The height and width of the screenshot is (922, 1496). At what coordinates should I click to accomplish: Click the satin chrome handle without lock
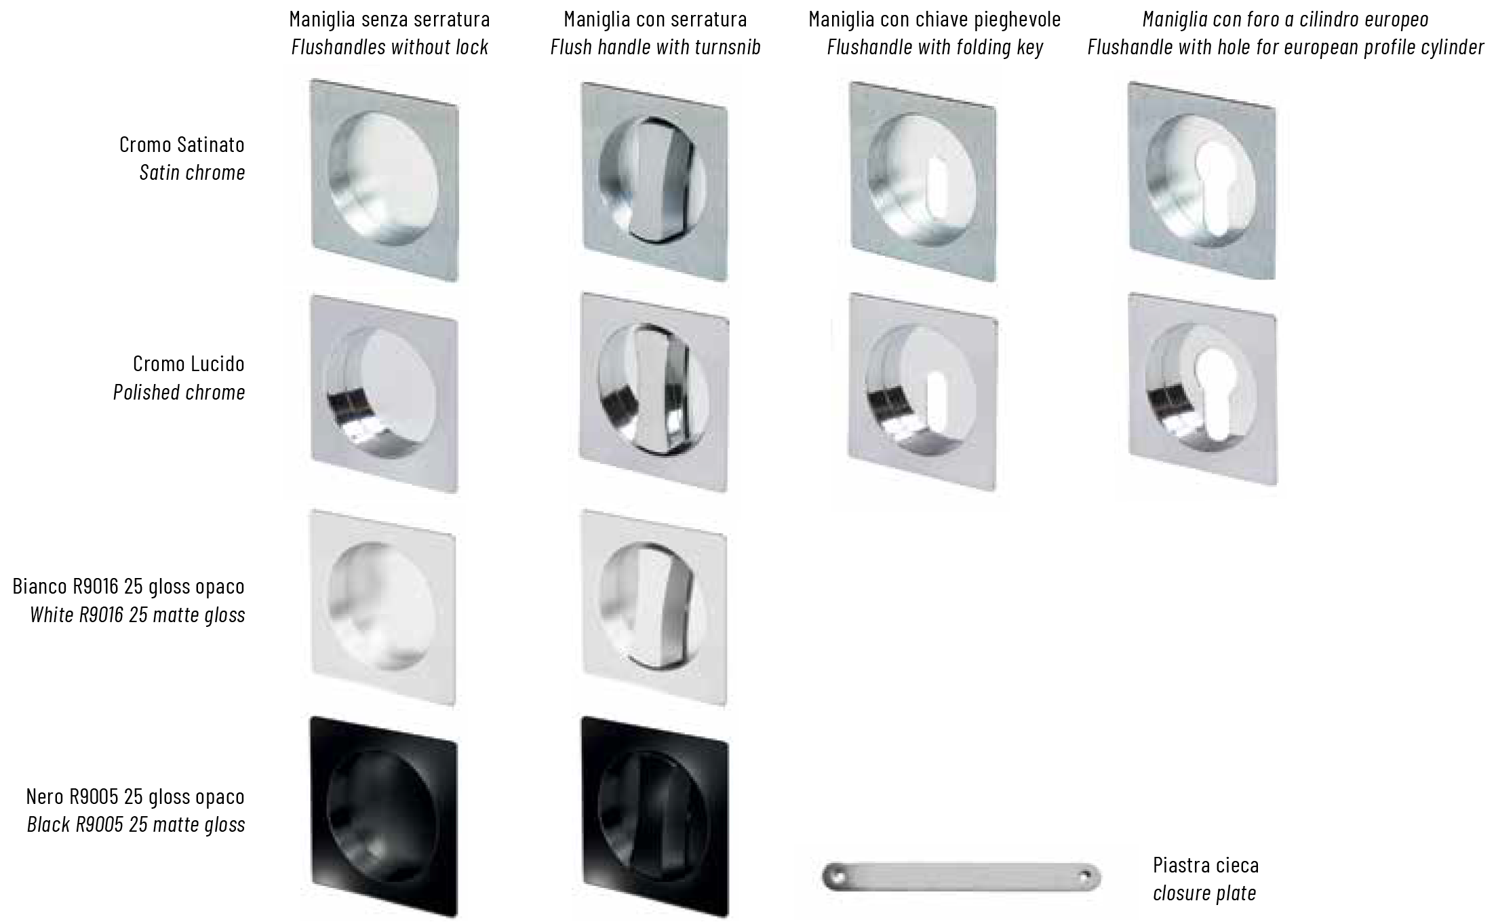pyautogui.click(x=385, y=180)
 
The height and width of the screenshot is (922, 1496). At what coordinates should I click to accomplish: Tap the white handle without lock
pyautogui.click(x=383, y=607)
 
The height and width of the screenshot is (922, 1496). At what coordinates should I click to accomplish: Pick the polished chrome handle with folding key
pyautogui.click(x=923, y=392)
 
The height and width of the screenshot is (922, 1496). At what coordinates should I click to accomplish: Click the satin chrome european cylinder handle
pyautogui.click(x=1202, y=180)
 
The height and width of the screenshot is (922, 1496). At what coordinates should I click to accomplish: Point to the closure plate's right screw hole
pyautogui.click(x=1086, y=877)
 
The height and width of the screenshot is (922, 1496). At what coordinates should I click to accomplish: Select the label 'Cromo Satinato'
pyautogui.click(x=182, y=145)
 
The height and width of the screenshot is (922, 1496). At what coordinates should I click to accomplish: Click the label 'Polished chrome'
pyautogui.click(x=179, y=392)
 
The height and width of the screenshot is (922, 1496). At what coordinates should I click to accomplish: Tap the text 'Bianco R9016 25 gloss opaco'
pyautogui.click(x=129, y=586)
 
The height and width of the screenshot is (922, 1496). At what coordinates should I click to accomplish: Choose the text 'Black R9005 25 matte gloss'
pyautogui.click(x=136, y=824)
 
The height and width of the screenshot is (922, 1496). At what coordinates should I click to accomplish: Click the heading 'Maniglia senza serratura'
pyautogui.click(x=389, y=19)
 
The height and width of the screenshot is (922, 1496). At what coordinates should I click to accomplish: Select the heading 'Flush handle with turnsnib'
pyautogui.click(x=656, y=47)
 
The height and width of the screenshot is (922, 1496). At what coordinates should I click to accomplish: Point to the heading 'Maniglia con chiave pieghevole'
pyautogui.click(x=934, y=19)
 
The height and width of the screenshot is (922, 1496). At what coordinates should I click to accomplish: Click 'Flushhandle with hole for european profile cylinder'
pyautogui.click(x=1286, y=47)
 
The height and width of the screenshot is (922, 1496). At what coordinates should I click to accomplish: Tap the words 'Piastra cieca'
pyautogui.click(x=1206, y=865)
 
